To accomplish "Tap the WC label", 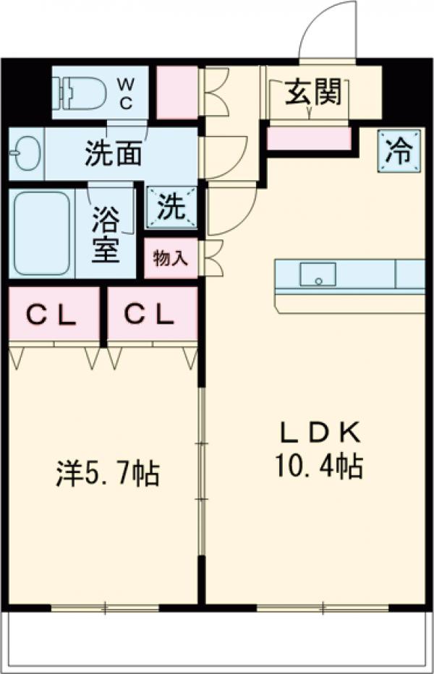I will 126,93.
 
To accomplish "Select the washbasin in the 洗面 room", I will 26,153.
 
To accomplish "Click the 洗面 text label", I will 113,153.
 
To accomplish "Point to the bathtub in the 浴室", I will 42,232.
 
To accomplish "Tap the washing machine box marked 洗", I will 171,208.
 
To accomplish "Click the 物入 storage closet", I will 170,259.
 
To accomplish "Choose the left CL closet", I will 53,315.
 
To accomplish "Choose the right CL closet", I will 153,315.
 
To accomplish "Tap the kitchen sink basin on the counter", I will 318,274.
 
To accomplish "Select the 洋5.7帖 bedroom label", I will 108,474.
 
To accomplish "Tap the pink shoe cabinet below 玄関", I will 309,138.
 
